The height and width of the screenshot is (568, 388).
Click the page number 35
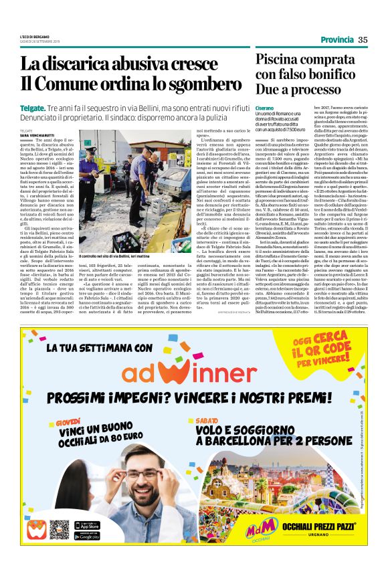point(363,39)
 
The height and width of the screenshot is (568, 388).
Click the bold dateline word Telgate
point(32,108)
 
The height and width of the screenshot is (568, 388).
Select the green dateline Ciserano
point(264,108)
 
